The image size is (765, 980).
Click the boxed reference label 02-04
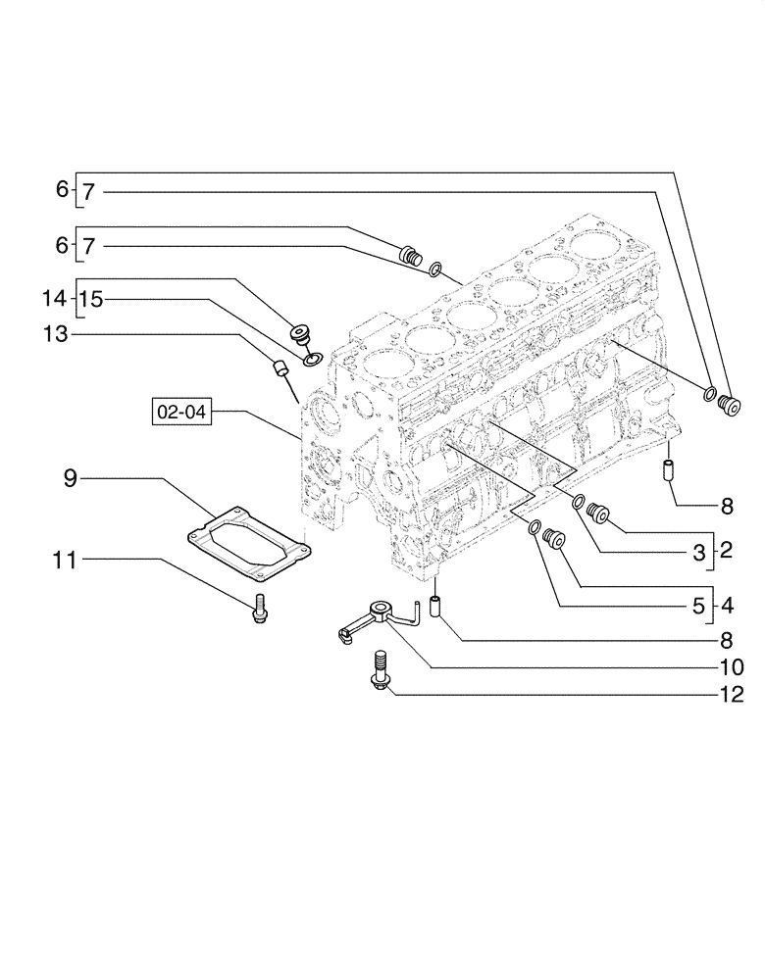[x=180, y=413]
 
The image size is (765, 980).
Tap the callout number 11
[x=65, y=560]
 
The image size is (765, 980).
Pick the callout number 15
[x=90, y=299]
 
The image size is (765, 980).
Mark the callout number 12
[x=732, y=698]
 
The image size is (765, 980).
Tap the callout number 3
[x=698, y=553]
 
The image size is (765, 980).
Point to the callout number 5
[x=698, y=606]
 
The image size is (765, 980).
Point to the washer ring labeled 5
[x=535, y=529]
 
